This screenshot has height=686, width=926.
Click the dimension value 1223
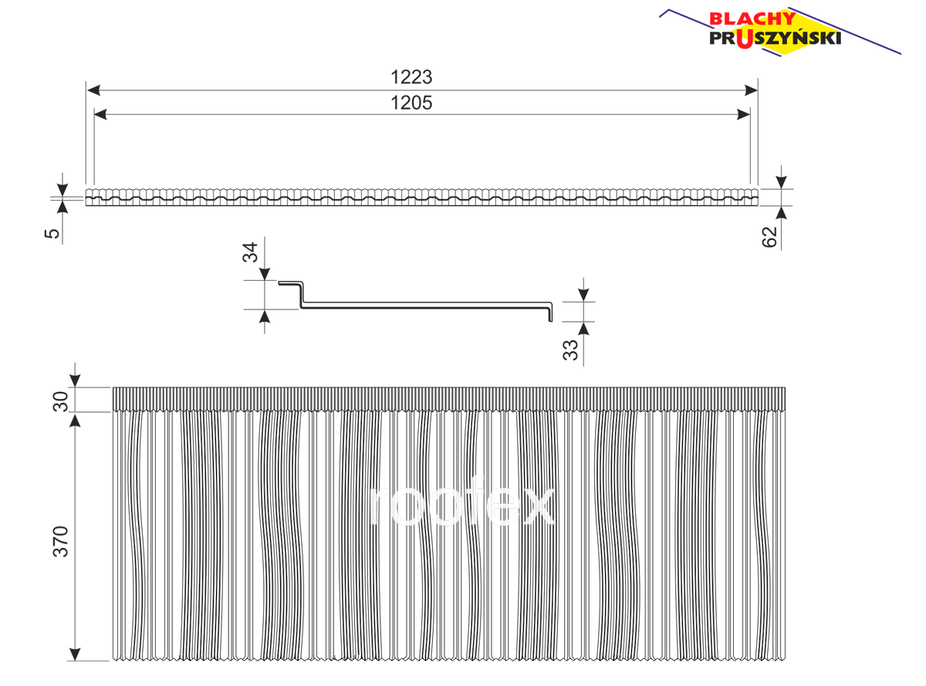(x=411, y=77)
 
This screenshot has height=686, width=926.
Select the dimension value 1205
(x=411, y=103)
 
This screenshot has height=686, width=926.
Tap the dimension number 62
(x=769, y=237)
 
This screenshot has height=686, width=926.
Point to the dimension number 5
(x=52, y=233)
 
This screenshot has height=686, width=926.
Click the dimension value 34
(x=250, y=252)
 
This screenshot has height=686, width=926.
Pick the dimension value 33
(x=570, y=350)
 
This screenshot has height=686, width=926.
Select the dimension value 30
(x=60, y=401)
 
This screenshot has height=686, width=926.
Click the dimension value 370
(x=60, y=542)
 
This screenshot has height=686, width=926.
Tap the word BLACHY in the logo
(x=752, y=19)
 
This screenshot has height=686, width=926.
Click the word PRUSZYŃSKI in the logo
(x=775, y=39)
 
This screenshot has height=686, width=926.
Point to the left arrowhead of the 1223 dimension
(x=93, y=90)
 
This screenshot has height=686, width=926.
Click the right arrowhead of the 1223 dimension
(x=751, y=90)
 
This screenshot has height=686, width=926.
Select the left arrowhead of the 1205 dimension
(x=100, y=114)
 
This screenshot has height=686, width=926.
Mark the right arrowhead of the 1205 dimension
(x=744, y=114)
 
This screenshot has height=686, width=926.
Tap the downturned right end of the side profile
(x=551, y=313)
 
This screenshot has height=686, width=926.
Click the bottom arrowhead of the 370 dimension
(x=75, y=654)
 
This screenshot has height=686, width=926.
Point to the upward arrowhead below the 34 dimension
(x=264, y=317)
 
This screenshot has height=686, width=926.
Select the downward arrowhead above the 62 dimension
(x=781, y=182)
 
